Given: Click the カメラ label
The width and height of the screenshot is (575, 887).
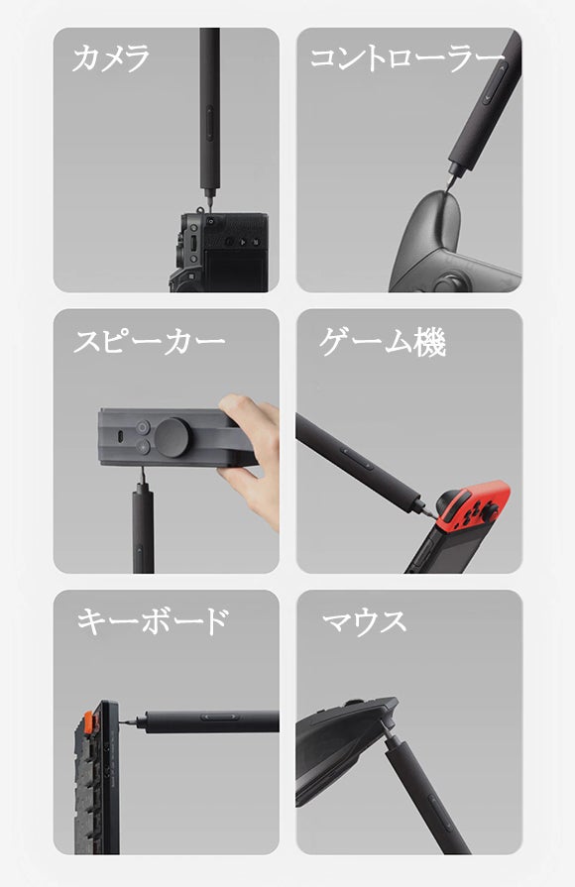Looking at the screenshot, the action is pyautogui.click(x=111, y=58).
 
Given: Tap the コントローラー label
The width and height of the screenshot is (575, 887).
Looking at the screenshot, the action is pyautogui.click(x=406, y=58).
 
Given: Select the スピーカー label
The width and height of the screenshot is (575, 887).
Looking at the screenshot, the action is pyautogui.click(x=150, y=341).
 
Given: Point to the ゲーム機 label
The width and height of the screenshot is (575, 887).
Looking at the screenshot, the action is pyautogui.click(x=383, y=342).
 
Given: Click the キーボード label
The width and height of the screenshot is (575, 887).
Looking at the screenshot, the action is pyautogui.click(x=152, y=621).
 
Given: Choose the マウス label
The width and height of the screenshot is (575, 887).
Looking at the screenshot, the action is pyautogui.click(x=364, y=621).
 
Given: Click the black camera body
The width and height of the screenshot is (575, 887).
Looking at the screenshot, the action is pyautogui.click(x=219, y=252).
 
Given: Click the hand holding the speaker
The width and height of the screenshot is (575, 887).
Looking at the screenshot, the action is pyautogui.click(x=251, y=459).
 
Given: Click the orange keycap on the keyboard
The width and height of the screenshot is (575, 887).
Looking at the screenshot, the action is pyautogui.click(x=89, y=721).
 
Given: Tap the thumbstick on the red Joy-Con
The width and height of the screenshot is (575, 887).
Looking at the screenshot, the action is pyautogui.click(x=490, y=512).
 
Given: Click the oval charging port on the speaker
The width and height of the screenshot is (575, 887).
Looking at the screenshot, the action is pyautogui.click(x=121, y=438).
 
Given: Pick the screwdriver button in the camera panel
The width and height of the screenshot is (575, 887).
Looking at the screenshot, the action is pyautogui.click(x=210, y=123).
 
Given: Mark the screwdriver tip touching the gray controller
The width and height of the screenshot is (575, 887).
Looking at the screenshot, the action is pyautogui.click(x=447, y=189).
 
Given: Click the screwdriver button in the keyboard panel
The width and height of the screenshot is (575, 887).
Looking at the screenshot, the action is pyautogui.click(x=220, y=717).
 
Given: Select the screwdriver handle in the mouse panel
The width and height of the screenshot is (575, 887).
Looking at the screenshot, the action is pyautogui.click(x=424, y=793).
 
